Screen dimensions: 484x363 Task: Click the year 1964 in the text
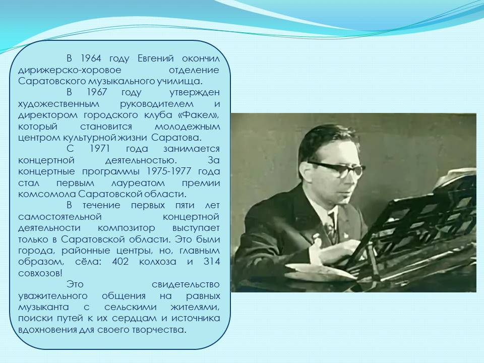[91, 58]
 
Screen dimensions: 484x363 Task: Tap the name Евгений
[156, 58]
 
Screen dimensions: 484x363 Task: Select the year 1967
[97, 92]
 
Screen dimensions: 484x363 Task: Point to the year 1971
[100, 148]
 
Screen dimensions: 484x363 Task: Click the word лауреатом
[138, 183]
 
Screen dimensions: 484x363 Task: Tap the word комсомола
[47, 194]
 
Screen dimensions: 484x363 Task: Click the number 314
[212, 262]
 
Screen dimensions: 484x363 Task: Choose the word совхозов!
[40, 273]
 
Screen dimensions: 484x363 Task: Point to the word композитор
[127, 228]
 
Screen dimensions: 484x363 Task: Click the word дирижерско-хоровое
[70, 70]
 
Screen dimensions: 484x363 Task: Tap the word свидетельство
[186, 284]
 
